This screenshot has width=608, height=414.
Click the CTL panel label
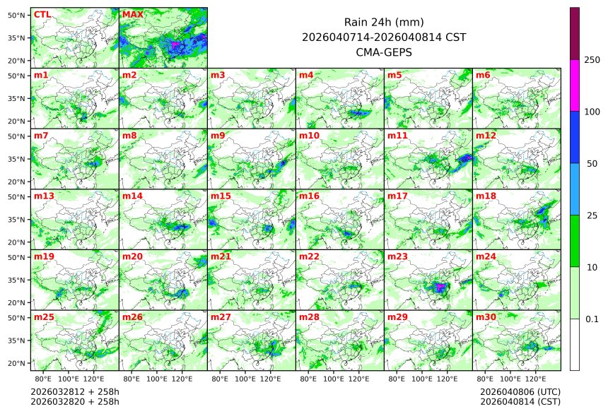pos(42,14)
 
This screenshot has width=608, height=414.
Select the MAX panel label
pos(132,14)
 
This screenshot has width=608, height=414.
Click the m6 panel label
pos(484,75)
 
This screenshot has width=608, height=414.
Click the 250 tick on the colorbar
pos(592,60)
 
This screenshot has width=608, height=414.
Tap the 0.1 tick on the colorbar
pos(592,319)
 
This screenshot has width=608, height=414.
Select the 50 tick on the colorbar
pos(592,164)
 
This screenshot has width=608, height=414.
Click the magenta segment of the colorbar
pos(575,85)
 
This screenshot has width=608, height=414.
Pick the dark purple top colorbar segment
pos(575,33)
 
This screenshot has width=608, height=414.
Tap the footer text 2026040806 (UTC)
pos(520,391)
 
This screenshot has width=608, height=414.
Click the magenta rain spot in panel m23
pos(440,287)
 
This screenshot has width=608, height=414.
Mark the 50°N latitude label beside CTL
pos(17,15)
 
